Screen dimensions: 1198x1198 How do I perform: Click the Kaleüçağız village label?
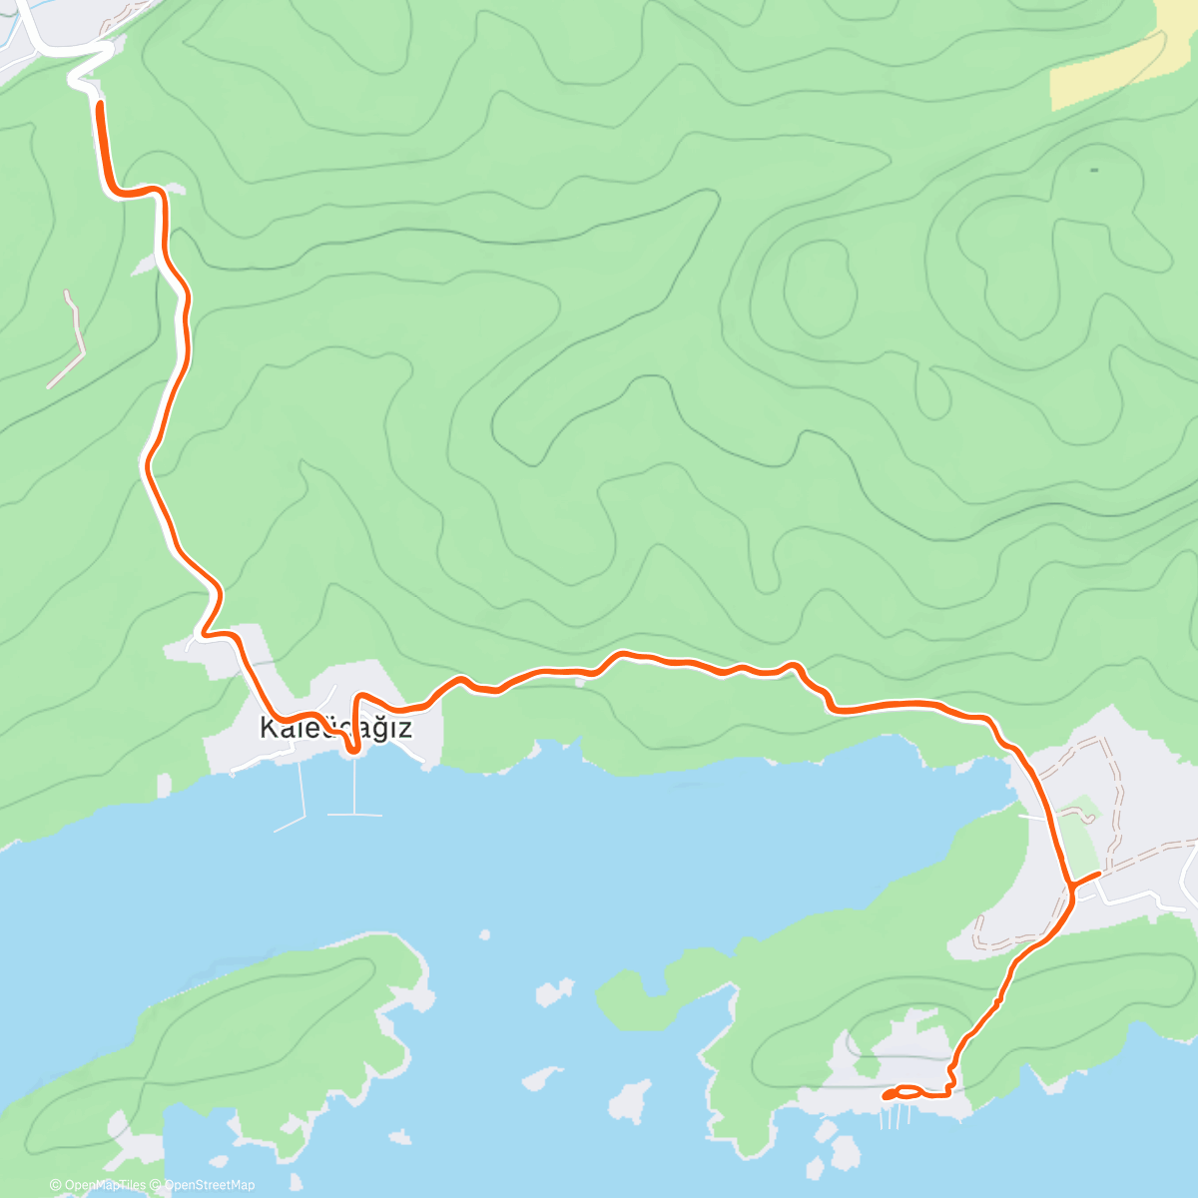[335, 728]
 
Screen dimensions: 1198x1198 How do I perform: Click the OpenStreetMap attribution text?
[210, 1185]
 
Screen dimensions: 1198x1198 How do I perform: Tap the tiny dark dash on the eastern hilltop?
[1094, 170]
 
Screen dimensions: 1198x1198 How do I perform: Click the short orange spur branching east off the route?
[1085, 879]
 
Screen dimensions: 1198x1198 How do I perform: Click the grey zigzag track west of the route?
[70, 339]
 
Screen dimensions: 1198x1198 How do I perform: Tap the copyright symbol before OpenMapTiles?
[56, 1185]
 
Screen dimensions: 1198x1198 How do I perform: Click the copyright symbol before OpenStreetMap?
[158, 1185]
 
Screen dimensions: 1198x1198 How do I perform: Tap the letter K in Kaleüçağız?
[268, 728]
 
